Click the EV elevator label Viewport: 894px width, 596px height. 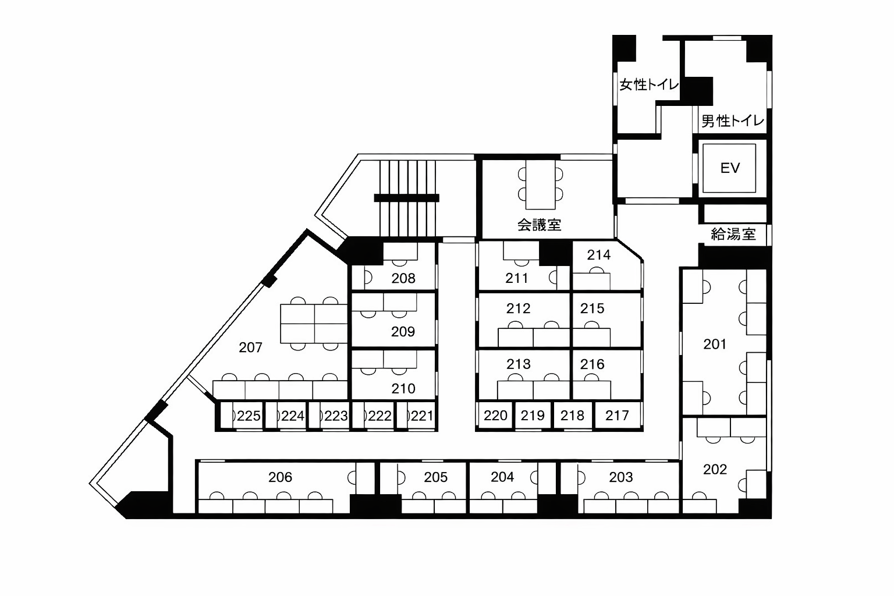730,168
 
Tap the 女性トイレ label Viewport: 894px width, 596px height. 649,84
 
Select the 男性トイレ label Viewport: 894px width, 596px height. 733,120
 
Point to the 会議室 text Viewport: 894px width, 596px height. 539,225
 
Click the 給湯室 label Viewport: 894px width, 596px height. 733,235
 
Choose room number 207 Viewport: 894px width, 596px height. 251,347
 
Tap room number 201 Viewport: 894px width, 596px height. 715,344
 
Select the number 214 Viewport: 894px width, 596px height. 599,255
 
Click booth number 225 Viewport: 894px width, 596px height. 249,416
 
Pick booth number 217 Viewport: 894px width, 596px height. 617,416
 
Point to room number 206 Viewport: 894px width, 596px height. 280,477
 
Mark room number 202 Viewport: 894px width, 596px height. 715,470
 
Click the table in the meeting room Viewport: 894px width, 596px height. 540,185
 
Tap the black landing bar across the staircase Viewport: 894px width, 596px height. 407,198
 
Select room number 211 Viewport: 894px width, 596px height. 517,278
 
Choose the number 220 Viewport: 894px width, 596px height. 495,416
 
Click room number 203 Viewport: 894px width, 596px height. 621,477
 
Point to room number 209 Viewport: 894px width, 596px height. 403,332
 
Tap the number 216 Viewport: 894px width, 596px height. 593,364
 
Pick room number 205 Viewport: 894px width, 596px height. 436,477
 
